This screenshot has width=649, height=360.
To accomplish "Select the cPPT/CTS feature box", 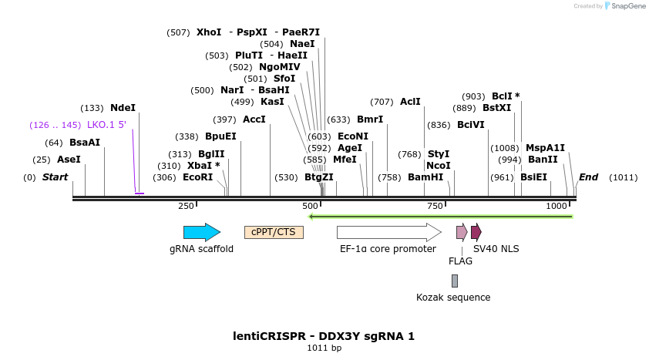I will pos(274,232).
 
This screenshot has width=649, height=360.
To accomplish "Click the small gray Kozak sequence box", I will pos(455,281).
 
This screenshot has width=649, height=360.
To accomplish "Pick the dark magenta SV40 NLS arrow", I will pos(476,232).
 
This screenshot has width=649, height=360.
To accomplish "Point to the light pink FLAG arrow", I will pos(461,232).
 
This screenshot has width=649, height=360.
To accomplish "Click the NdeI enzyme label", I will pos(123,108).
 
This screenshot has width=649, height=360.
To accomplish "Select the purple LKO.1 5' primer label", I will pos(106,125).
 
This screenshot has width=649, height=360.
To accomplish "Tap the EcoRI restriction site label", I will pos(197,177).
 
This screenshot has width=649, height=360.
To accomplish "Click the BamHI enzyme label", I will pos(425,177).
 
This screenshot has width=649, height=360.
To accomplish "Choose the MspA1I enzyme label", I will pos(545,148).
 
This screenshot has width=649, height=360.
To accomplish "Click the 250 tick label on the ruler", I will pos(186,206).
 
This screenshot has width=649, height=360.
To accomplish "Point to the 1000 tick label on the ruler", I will pos(557,206).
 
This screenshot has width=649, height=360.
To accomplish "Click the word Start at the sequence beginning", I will pos(55,177).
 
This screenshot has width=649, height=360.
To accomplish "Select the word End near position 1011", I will pos(588,177).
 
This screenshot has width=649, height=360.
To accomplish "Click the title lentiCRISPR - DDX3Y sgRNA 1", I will pos(324,336).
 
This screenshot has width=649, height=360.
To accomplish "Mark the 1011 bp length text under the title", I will pos(324,348).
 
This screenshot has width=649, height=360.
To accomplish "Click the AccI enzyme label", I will pos(254,119).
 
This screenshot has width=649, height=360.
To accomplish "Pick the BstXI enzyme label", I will pos(496,108).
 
